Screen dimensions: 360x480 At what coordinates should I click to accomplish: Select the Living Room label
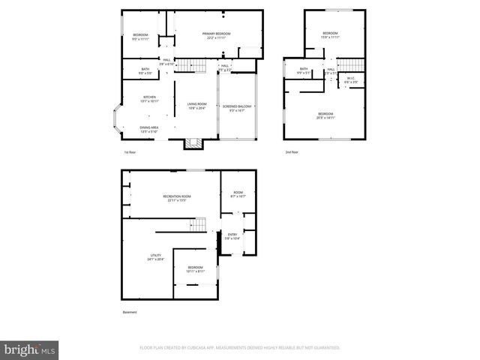(x=196, y=106)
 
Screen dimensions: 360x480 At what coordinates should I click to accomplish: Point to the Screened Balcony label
(x=237, y=106)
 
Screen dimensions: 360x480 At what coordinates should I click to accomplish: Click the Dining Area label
(x=148, y=128)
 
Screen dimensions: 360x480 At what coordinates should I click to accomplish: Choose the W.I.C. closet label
(x=350, y=78)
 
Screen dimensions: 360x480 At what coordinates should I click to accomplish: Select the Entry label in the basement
(x=232, y=235)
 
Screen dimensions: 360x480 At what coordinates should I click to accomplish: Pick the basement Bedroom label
(x=195, y=268)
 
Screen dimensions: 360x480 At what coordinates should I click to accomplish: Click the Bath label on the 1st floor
(x=145, y=70)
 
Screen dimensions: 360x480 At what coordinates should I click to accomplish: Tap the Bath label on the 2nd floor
(x=304, y=70)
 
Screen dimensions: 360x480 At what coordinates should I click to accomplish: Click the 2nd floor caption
(x=292, y=152)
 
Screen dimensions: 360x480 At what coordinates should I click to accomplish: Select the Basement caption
(x=130, y=312)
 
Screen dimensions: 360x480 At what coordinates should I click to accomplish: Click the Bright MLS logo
(x=30, y=349)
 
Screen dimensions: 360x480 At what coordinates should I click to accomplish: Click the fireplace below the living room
(x=193, y=143)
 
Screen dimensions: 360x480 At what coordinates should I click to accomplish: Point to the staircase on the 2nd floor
(x=350, y=67)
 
